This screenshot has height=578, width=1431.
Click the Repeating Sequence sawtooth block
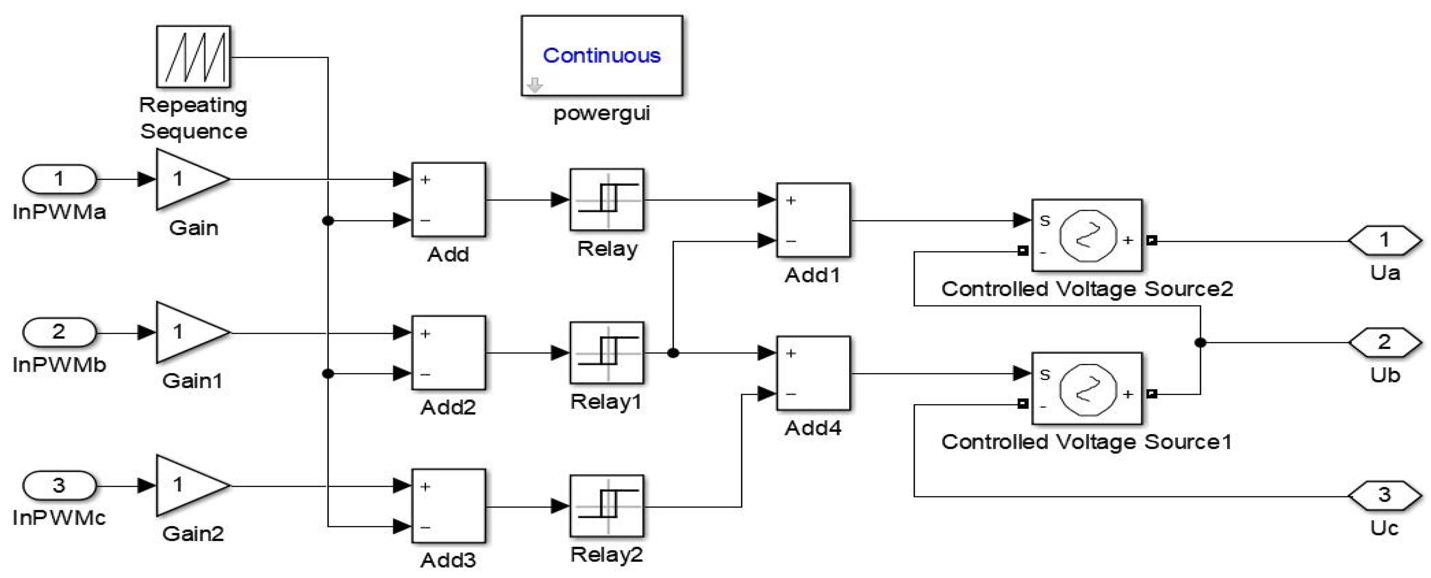(193, 57)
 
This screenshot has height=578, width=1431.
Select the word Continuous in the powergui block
(601, 55)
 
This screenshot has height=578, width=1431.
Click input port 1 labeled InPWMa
(59, 179)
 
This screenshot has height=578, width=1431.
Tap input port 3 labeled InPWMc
(59, 485)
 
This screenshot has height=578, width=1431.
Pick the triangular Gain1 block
(189, 332)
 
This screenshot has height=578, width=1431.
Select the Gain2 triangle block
(189, 485)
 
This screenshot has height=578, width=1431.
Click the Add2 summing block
(448, 353)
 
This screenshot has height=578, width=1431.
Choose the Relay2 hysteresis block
(607, 506)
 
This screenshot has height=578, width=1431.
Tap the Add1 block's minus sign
(791, 241)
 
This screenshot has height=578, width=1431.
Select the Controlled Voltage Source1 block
(1087, 388)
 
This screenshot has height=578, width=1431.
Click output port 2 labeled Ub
(1384, 342)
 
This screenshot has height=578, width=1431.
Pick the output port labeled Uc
(1384, 495)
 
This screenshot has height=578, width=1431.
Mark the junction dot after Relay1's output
(673, 353)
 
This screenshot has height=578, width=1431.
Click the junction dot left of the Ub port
(1200, 343)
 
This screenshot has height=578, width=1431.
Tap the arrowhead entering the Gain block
(146, 179)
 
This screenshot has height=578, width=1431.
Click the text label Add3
(448, 560)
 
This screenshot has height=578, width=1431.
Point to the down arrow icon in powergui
(534, 85)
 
